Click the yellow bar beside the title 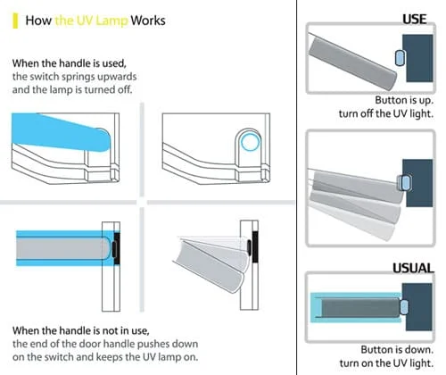[15, 21]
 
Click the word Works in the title [148, 21]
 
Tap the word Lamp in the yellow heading [112, 21]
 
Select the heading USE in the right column [415, 20]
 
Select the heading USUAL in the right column [413, 268]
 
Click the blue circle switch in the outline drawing [250, 142]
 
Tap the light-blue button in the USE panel [400, 58]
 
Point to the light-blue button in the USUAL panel [404, 307]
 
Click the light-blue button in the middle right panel [405, 183]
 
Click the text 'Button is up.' [404, 100]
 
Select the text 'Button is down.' [397, 349]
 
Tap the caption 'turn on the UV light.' [386, 363]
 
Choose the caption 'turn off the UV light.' [386, 113]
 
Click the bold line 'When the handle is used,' [70, 63]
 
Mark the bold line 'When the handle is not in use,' [81, 330]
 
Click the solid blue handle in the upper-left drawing [61, 132]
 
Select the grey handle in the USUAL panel [360, 307]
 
